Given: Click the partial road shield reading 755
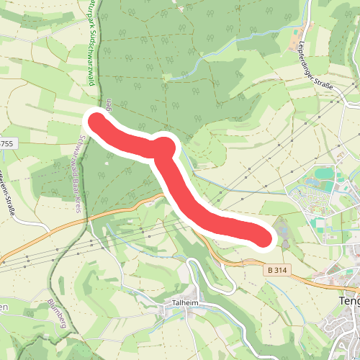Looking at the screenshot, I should [x=6, y=144].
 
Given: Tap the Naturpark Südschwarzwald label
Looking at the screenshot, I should [x=92, y=43].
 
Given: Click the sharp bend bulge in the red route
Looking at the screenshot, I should [x=164, y=147].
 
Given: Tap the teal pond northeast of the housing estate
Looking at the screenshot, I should [x=325, y=174].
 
